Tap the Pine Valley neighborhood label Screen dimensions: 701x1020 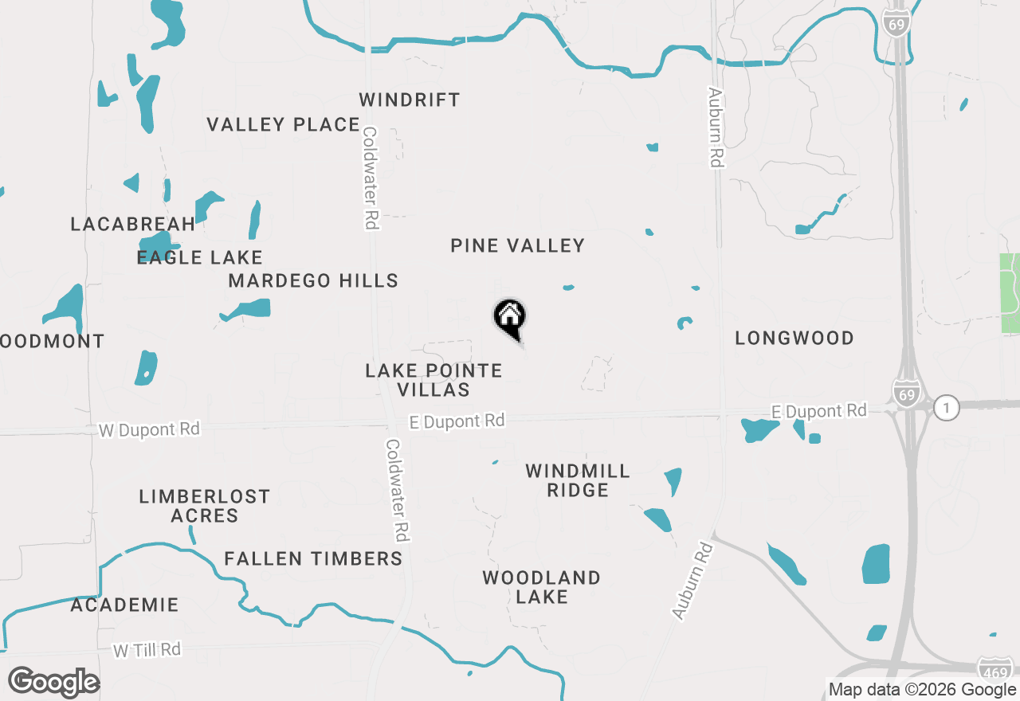click(x=518, y=245)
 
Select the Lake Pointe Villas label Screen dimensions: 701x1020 click(x=433, y=380)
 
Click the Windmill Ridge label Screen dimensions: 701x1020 click(x=578, y=480)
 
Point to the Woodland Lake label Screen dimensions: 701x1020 click(x=541, y=587)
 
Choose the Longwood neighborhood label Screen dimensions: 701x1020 click(x=794, y=338)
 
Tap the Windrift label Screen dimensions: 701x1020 click(x=410, y=100)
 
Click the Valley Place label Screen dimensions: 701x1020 click(x=283, y=124)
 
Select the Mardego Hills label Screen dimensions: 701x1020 click(x=313, y=280)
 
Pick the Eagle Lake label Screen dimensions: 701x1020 click(x=199, y=257)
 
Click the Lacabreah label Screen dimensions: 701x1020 click(x=133, y=224)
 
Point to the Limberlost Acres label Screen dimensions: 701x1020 click(x=205, y=506)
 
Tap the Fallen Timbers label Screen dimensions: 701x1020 click(x=313, y=558)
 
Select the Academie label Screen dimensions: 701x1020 click(x=124, y=605)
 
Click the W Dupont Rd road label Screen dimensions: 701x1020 click(x=149, y=429)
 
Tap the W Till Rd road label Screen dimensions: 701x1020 click(x=147, y=650)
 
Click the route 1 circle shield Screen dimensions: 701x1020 click(x=947, y=407)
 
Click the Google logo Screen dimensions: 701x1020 click(x=53, y=682)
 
